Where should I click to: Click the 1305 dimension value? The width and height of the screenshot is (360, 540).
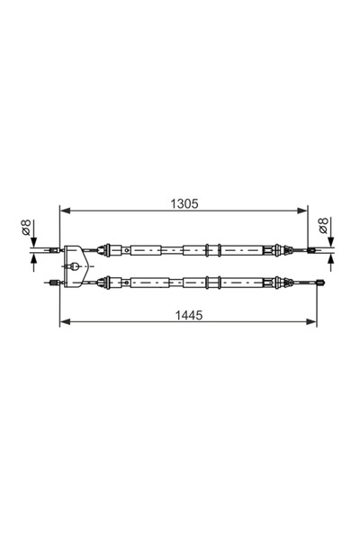tap(185, 204)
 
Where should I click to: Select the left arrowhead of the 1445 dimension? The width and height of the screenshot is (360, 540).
tap(63, 322)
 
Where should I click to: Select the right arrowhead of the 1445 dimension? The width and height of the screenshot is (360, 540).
tap(314, 322)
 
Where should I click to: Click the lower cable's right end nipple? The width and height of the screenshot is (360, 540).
tap(321, 282)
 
